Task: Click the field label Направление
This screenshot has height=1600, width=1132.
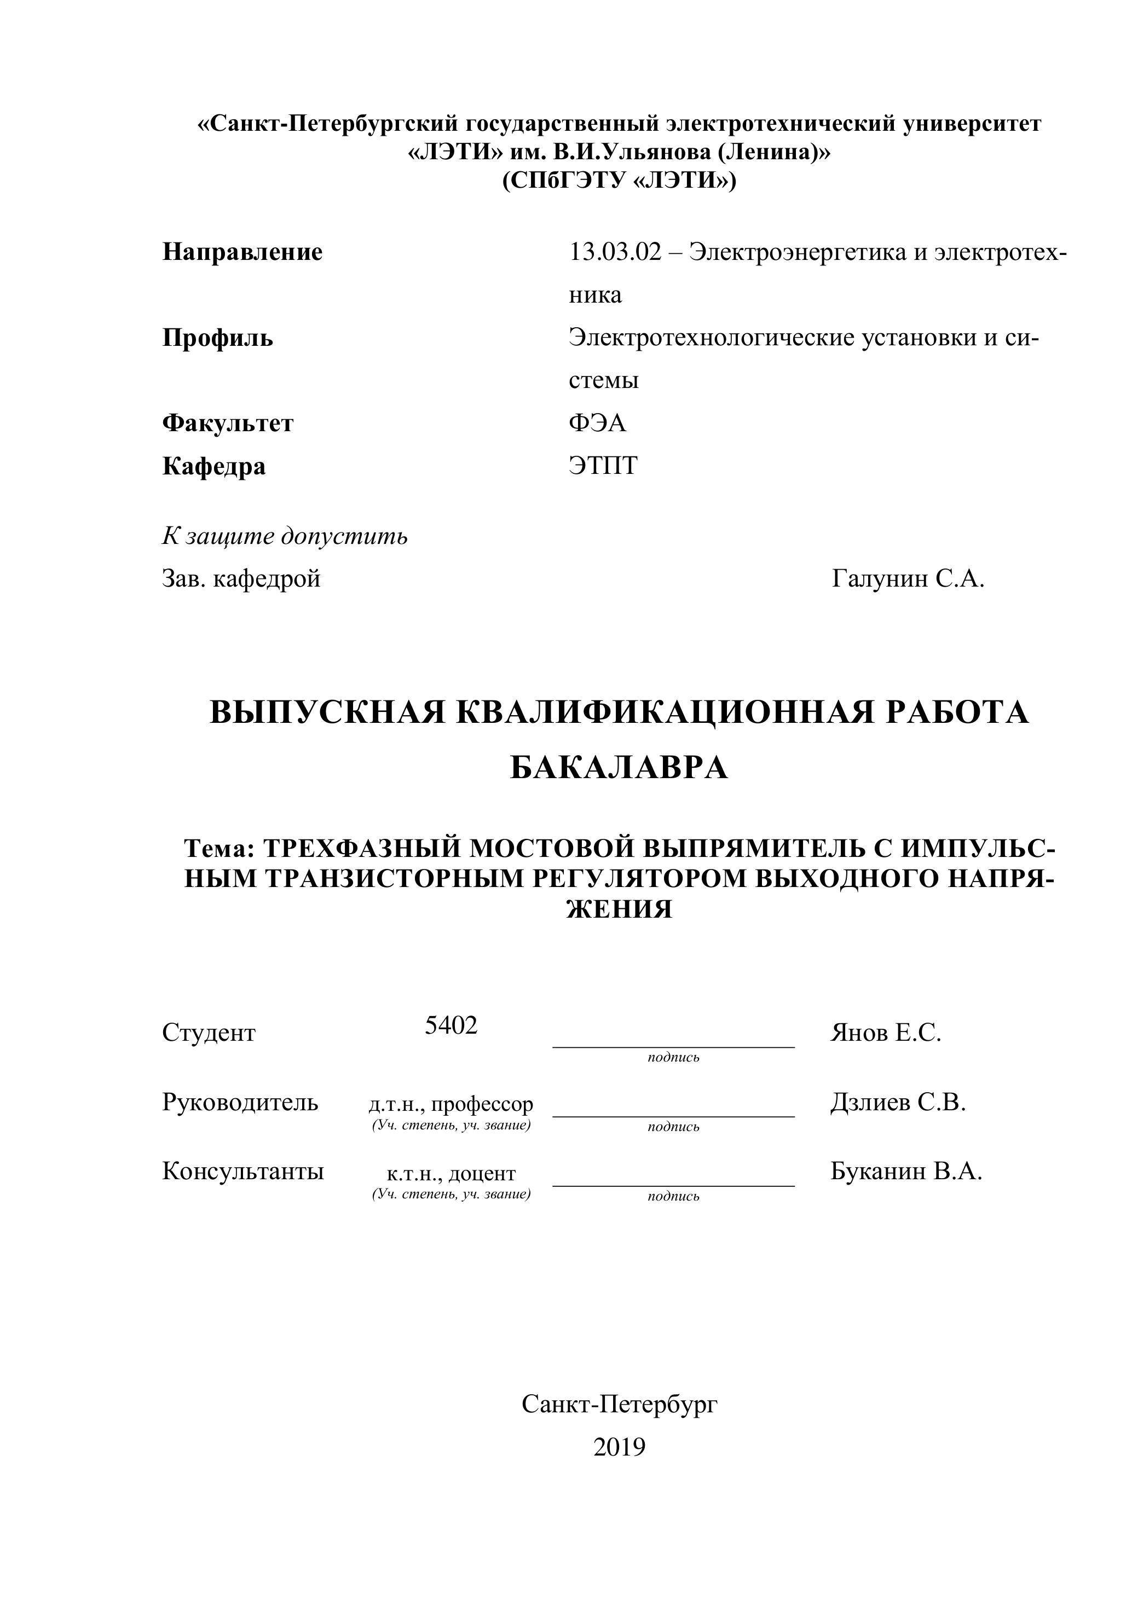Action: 242,252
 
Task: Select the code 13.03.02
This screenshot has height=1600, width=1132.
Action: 615,252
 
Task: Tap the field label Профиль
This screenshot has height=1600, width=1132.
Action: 217,338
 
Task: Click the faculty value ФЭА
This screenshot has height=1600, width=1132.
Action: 597,423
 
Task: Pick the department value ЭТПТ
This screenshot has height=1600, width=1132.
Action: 603,466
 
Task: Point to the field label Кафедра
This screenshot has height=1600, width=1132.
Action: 214,466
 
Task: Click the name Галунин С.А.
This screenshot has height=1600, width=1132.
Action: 908,578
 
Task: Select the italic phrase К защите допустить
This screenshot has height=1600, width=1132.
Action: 285,537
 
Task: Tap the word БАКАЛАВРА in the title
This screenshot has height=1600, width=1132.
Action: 619,768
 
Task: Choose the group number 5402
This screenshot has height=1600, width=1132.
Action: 451,1026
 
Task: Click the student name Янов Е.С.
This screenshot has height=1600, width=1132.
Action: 885,1033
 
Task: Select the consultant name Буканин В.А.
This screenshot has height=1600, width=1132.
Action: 906,1172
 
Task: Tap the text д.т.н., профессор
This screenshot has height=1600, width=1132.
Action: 451,1104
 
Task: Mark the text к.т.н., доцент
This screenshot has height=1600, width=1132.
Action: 451,1174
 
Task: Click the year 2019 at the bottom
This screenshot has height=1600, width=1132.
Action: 619,1447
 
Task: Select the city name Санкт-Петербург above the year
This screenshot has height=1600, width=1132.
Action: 619,1404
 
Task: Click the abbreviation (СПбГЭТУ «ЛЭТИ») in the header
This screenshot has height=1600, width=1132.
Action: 619,181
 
